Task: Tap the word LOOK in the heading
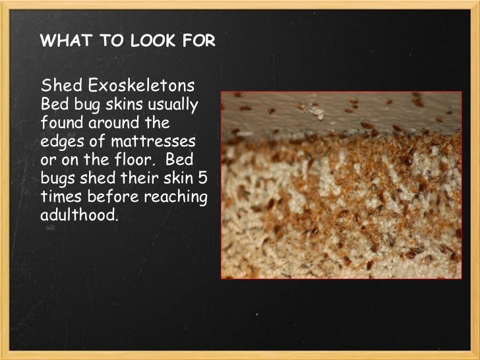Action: click(135, 42)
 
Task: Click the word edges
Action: click(61, 141)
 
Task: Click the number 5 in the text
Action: click(205, 178)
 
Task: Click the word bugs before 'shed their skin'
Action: click(57, 178)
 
